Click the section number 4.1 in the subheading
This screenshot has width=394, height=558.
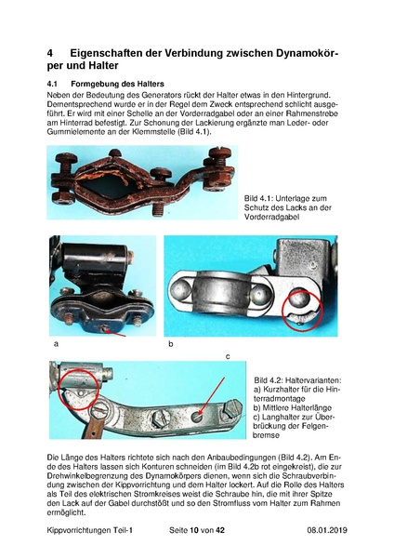click(x=52, y=84)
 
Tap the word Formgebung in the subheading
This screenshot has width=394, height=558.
click(x=91, y=85)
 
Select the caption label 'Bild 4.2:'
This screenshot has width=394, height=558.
click(x=268, y=380)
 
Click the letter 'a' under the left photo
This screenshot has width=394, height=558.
click(x=56, y=344)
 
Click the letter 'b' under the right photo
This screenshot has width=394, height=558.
click(x=171, y=344)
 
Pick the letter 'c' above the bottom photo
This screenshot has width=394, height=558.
click(x=228, y=356)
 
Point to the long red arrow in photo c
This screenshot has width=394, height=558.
click(x=212, y=396)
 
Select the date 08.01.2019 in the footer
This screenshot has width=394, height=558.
click(x=327, y=530)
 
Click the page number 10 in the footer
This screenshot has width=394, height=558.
click(x=194, y=530)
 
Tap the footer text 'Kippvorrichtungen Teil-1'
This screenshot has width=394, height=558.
click(x=89, y=530)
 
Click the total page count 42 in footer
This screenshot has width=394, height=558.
click(x=220, y=530)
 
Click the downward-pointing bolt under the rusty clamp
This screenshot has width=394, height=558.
click(x=158, y=208)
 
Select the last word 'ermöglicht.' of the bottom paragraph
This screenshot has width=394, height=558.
click(x=66, y=512)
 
